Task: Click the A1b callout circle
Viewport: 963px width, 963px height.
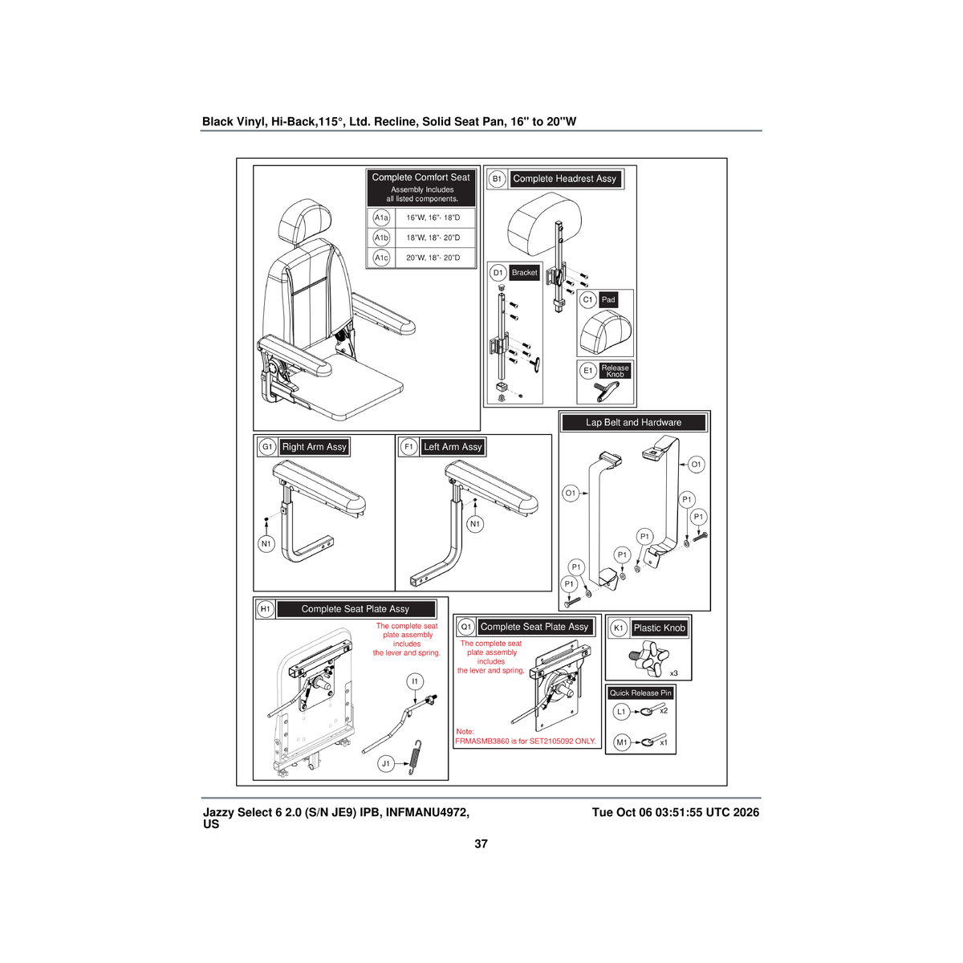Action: pos(381,238)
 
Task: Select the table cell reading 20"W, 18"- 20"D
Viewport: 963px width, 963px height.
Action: pos(433,258)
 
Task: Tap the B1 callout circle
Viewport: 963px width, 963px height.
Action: pos(497,179)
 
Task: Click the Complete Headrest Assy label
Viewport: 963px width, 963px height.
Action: pos(565,179)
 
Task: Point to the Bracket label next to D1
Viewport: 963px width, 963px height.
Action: pos(524,273)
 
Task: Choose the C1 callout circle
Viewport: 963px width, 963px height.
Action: pos(587,300)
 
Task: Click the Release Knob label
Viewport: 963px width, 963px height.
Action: pos(616,371)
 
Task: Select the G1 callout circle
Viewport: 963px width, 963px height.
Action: pos(267,447)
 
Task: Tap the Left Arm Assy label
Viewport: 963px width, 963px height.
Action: pos(453,447)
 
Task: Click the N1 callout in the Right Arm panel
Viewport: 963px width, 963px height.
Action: pos(266,544)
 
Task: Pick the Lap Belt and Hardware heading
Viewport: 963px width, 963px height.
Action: pos(634,423)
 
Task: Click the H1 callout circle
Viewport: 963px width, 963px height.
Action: pos(266,609)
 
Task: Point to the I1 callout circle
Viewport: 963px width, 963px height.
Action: pos(415,681)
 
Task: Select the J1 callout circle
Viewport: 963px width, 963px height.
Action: pos(386,764)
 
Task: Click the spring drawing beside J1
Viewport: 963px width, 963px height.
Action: pos(415,757)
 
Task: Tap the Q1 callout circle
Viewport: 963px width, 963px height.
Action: pos(465,627)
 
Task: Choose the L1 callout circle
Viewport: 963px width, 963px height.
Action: pos(621,712)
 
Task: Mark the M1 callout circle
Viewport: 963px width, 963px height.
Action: pos(621,742)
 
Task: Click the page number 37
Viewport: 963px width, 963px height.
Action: pos(481,844)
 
